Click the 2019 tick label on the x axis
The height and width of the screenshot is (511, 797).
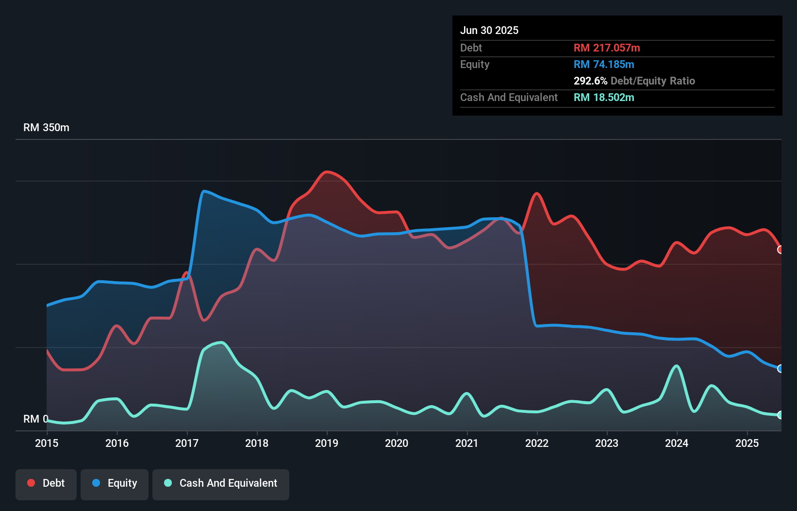326,443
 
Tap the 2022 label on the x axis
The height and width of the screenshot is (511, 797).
536,443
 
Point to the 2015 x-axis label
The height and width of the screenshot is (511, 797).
47,443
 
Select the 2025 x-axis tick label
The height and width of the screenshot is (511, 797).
747,443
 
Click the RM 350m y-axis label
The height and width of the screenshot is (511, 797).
46,128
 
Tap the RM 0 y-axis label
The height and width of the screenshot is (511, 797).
35,419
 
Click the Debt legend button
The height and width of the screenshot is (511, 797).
46,483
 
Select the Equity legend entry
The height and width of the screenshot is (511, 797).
115,483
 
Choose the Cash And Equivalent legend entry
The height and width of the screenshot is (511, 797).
221,483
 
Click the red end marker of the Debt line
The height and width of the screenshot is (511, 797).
780,250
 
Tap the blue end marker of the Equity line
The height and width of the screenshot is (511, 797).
780,369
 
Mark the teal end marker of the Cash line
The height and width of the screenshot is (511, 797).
780,415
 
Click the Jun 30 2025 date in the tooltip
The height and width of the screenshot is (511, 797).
489,30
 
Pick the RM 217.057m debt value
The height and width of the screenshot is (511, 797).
607,48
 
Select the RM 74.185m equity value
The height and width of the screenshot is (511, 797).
604,64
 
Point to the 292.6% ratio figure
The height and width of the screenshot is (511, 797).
590,81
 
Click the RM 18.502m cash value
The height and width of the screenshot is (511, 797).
604,97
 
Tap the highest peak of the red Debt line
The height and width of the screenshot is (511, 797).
327,171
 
